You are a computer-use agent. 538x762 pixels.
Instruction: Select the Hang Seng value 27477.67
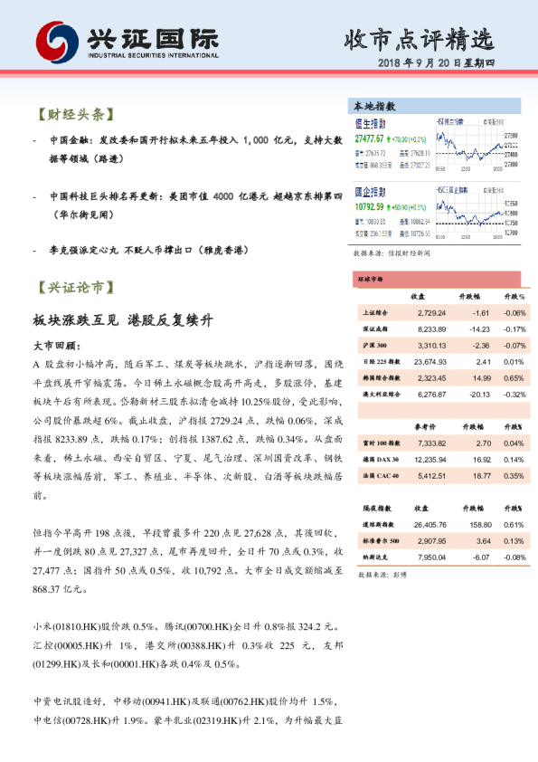370,139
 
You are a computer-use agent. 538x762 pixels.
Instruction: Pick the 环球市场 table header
372,281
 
